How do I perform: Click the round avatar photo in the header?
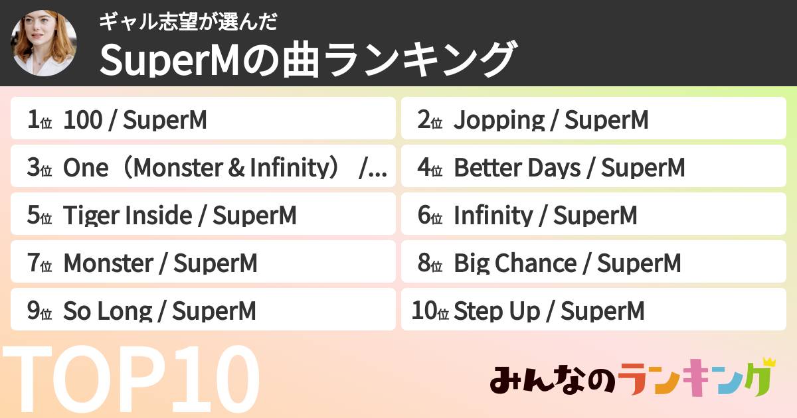pos(44,43)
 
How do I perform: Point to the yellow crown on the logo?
pos(769,362)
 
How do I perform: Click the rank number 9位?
pos(40,311)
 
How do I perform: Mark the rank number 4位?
pos(430,169)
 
